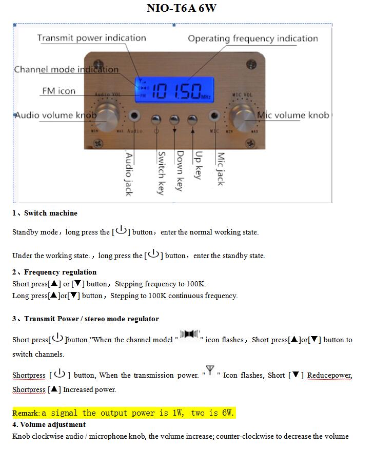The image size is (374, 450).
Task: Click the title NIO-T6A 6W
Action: click(182, 8)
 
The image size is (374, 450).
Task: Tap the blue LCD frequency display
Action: click(174, 90)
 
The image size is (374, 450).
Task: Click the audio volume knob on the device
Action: click(107, 117)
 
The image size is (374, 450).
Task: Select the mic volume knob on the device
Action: click(243, 118)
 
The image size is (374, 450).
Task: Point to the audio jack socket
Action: click(134, 115)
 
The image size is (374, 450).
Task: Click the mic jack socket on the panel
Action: click(214, 115)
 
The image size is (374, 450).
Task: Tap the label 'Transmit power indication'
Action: click(91, 38)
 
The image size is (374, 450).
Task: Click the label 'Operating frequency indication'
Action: click(253, 38)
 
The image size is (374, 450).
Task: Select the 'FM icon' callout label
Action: click(59, 91)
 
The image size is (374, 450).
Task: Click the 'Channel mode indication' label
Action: click(66, 69)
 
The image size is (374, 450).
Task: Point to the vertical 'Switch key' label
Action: click(161, 173)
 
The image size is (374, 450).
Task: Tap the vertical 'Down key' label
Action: click(180, 171)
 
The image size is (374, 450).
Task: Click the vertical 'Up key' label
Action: click(198, 165)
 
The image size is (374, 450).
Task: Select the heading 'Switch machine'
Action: click(50, 213)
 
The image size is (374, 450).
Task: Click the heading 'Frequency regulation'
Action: click(60, 272)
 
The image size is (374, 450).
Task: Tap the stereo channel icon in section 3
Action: click(190, 334)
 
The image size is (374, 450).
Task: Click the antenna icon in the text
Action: click(210, 370)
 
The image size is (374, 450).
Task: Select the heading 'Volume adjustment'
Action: click(53, 424)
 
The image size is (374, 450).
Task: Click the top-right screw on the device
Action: click(251, 64)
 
